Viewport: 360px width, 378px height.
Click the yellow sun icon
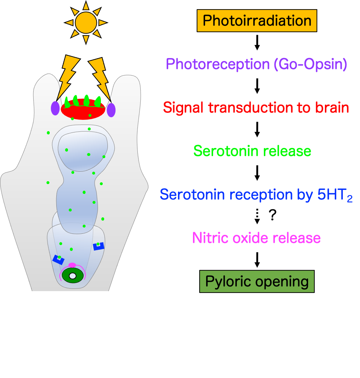(86, 23)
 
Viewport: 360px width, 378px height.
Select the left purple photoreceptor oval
(55, 108)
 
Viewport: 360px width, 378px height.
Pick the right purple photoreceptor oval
(111, 110)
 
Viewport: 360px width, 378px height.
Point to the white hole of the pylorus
(73, 276)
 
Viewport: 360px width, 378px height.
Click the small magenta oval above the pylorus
(72, 265)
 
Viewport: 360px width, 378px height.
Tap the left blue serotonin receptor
(58, 260)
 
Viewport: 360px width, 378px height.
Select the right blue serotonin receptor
(99, 247)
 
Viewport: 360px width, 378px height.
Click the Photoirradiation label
(257, 21)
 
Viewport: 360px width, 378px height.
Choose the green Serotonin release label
(252, 151)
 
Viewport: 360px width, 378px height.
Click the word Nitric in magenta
(211, 238)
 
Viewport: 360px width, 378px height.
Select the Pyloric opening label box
(257, 282)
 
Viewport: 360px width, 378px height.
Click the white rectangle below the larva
(72, 334)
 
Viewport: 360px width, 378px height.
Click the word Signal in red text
(184, 108)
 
